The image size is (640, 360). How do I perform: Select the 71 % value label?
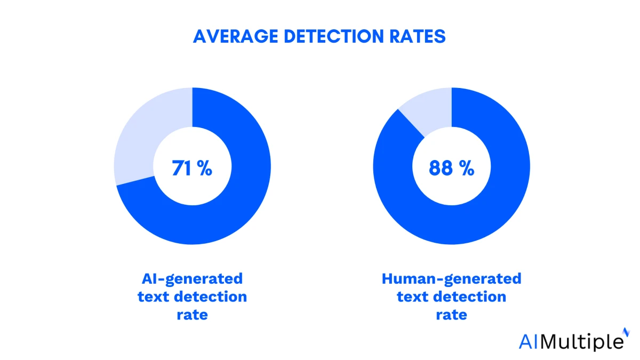pos(192,168)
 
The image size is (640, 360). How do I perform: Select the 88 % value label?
pos(451,168)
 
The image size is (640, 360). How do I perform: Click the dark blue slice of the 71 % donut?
pos(224,213)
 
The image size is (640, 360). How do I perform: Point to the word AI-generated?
pos(192,278)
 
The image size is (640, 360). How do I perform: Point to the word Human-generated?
pos(451,278)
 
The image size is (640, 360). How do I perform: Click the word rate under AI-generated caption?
pos(192,315)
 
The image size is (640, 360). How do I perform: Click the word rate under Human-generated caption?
pos(451,315)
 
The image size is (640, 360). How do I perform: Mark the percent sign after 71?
pos(204,169)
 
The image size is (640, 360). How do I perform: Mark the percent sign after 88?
pos(466,169)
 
